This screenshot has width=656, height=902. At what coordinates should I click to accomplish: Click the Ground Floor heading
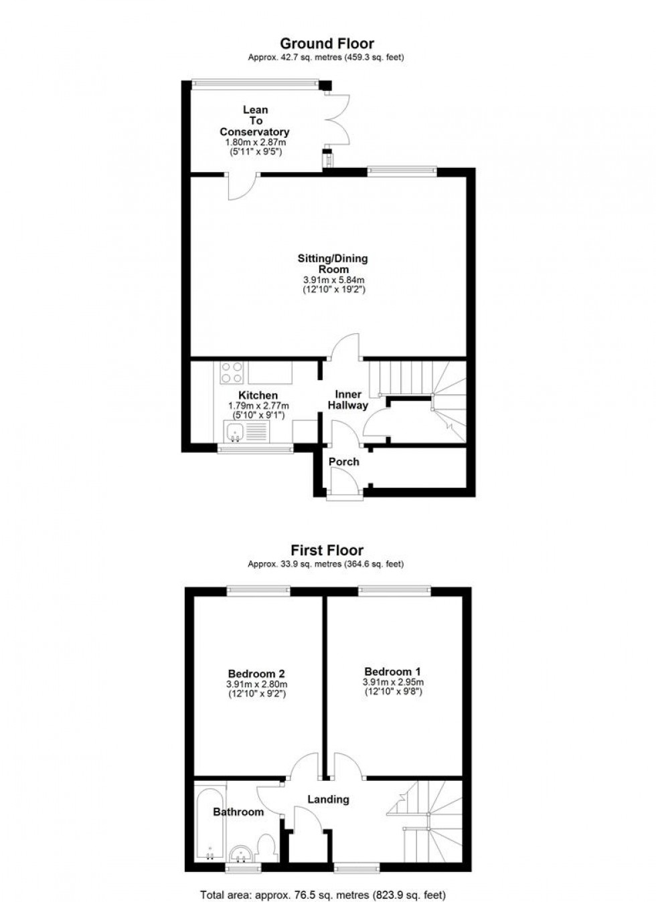point(327,44)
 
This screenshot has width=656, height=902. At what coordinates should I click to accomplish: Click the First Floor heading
point(327,551)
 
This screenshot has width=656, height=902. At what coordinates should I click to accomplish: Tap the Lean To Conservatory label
point(255,121)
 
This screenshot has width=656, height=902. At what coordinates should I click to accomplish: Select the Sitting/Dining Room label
point(333,264)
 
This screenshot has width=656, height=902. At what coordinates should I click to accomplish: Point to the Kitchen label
point(258,395)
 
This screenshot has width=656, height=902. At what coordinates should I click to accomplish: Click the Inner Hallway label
point(348,399)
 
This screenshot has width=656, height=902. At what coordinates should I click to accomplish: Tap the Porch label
point(344,462)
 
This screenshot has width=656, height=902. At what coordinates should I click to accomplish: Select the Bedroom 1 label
point(392,671)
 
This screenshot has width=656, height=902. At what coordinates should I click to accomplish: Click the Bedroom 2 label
point(256,673)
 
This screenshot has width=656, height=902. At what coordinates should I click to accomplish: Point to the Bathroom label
point(238,812)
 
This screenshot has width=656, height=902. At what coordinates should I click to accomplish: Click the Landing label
point(328,799)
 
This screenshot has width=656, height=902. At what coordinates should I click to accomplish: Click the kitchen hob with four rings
point(232,371)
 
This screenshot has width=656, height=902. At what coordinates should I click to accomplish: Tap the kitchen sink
point(236,432)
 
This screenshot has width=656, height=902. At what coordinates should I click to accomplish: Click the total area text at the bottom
point(323,895)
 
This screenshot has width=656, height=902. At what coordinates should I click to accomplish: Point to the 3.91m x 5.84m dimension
point(333,280)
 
